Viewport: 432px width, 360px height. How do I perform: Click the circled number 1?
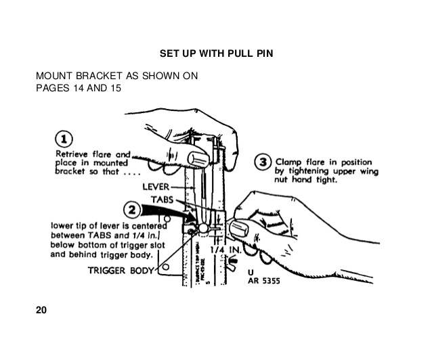coord(64,139)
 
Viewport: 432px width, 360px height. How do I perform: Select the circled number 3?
coord(264,162)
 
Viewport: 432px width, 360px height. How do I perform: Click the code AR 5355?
coord(264,283)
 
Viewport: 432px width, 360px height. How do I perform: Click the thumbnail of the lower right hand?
coord(240,225)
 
